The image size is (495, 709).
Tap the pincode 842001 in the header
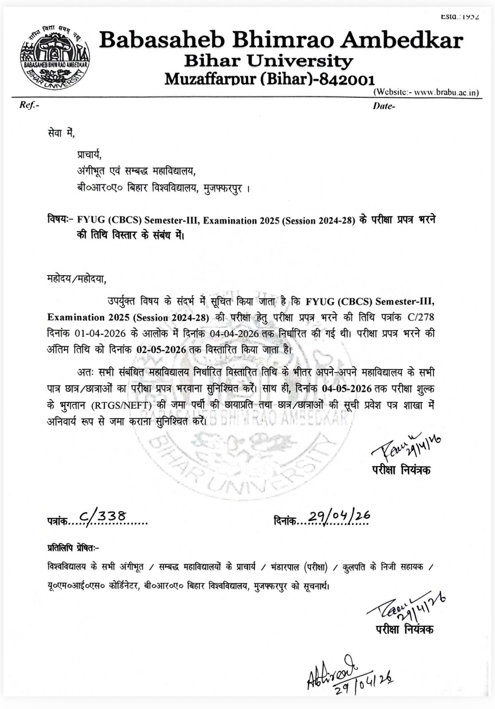(x=348, y=79)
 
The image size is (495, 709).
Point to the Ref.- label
(x=29, y=105)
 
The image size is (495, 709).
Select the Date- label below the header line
(x=384, y=106)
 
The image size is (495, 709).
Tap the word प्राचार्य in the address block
(x=89, y=155)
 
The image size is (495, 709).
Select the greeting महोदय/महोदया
(x=77, y=279)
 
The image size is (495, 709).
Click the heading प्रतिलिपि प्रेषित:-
(x=73, y=548)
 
